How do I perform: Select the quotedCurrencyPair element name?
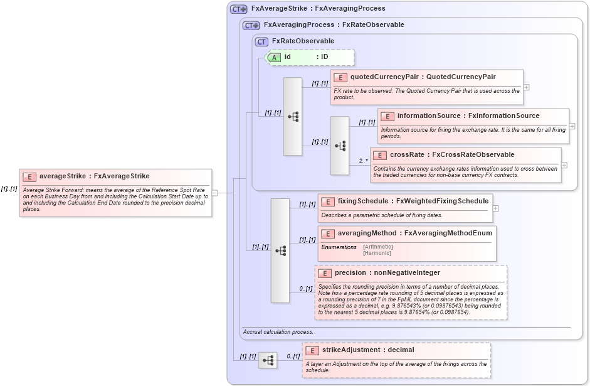[x=384, y=77]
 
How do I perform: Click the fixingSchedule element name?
[x=364, y=201]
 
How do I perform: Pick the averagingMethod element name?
[x=367, y=233]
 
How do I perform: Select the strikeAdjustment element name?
[x=350, y=350]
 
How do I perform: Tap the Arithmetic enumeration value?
[x=377, y=247]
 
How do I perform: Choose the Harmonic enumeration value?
[x=377, y=253]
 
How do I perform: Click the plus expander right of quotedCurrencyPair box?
[x=527, y=87]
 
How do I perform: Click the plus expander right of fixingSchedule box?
[x=496, y=208]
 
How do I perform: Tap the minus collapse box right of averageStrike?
[x=215, y=193]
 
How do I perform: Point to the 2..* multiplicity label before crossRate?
[x=363, y=161]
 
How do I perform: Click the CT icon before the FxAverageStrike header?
[x=239, y=9]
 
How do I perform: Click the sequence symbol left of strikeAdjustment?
[x=268, y=360]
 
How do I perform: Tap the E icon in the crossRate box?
[x=381, y=155]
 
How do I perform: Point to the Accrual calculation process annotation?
[x=278, y=331]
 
